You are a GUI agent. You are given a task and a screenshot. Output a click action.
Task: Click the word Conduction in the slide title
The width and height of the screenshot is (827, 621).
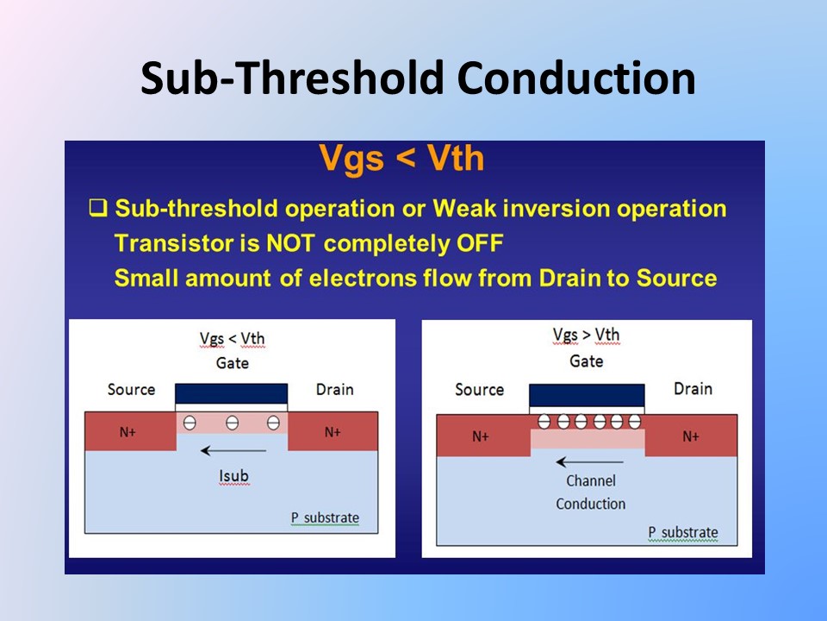(576, 78)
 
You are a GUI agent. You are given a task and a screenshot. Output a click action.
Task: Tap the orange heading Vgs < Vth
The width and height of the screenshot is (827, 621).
(402, 158)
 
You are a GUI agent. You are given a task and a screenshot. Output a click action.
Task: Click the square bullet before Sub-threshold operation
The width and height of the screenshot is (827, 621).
(98, 208)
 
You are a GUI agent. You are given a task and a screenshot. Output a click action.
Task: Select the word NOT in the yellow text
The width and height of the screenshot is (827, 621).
(290, 243)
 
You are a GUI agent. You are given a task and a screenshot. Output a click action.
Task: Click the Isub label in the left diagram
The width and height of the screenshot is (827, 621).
(233, 476)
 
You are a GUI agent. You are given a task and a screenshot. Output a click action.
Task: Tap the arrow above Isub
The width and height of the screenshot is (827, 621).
(233, 450)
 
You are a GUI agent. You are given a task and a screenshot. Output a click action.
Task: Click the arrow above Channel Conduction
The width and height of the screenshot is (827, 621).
(589, 462)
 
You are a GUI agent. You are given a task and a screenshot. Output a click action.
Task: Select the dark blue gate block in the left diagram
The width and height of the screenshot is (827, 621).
(232, 394)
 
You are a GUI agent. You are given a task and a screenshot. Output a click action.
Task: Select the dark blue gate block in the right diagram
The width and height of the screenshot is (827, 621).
(587, 396)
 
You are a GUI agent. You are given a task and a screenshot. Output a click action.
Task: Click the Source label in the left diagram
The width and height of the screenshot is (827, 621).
(131, 390)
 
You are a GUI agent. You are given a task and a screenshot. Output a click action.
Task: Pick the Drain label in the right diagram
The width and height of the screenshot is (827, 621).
(693, 389)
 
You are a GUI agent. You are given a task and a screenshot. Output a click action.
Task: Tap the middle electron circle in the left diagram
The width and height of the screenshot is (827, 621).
(232, 423)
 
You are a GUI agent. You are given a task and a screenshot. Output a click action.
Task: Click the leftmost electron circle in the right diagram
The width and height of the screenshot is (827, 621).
(544, 422)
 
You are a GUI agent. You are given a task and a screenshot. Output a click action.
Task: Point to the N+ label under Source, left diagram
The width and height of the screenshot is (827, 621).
(127, 432)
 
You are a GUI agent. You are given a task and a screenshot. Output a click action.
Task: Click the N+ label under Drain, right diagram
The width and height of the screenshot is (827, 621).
(691, 436)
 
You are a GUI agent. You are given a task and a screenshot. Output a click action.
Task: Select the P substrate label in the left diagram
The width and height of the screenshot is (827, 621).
(325, 517)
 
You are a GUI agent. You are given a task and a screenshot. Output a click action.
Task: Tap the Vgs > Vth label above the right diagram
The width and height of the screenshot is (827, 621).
(586, 335)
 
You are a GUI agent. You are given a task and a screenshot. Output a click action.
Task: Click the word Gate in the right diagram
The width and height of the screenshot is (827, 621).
(587, 361)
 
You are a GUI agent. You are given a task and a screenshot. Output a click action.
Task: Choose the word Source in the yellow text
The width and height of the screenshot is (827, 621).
(677, 279)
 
